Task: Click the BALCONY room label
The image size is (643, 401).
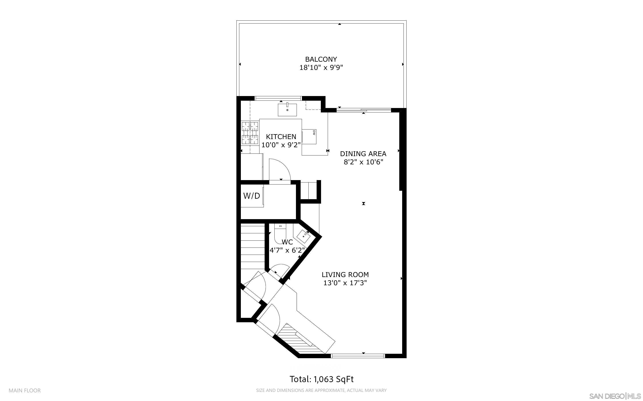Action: (x=321, y=59)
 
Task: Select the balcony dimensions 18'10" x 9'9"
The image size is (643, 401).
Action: (x=321, y=68)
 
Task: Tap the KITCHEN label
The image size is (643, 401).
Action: (x=281, y=137)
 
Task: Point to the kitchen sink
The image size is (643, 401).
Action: (x=287, y=110)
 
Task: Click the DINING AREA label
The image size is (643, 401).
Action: (x=363, y=153)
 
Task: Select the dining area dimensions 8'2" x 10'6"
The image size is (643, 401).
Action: (x=363, y=162)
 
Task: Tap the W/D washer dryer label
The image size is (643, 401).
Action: (x=252, y=196)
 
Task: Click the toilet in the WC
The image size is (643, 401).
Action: (x=280, y=232)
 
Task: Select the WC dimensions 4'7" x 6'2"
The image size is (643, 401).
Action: (x=287, y=250)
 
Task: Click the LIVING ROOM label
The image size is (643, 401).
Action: (x=345, y=275)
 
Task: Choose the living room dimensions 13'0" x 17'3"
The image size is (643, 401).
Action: (x=345, y=283)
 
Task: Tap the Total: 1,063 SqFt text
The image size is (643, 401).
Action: (x=321, y=379)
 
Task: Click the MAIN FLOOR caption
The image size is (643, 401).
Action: (x=25, y=390)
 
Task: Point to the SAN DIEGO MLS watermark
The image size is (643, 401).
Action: (x=614, y=396)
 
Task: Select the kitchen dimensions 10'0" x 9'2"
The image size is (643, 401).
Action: (x=281, y=145)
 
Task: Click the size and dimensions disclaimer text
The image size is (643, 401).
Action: (x=321, y=390)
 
